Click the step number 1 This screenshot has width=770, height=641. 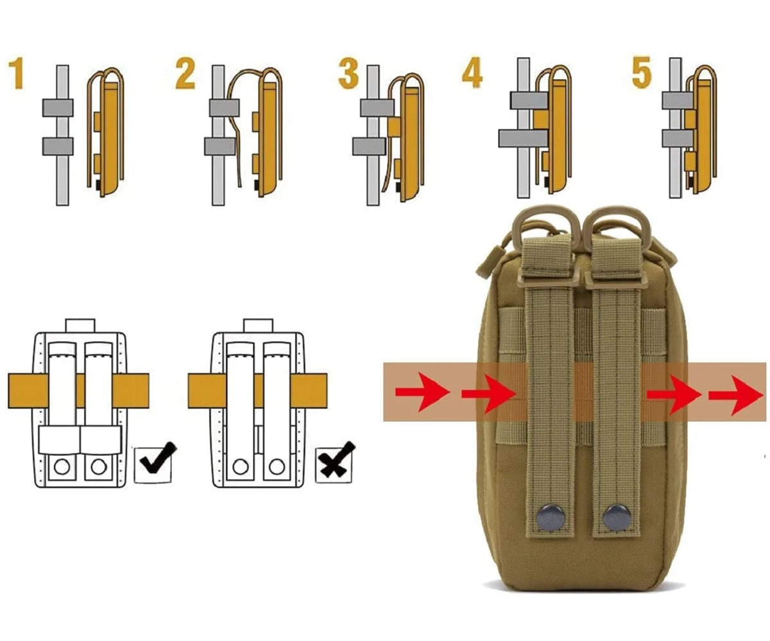tap(16, 74)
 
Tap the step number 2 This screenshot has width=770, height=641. tap(185, 75)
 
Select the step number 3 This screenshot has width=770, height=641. tap(348, 75)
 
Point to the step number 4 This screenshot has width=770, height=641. tap(472, 73)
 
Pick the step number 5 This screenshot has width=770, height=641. tap(642, 73)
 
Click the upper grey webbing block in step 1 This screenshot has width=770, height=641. tap(58, 108)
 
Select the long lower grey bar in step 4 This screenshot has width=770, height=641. tap(523, 138)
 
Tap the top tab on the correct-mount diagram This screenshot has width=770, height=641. tap(80, 325)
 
